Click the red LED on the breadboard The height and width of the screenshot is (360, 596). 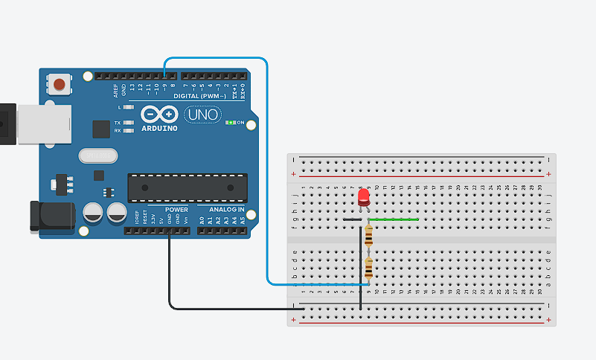pos(364,197)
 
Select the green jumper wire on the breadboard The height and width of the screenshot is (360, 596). pos(394,219)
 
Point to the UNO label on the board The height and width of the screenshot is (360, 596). pos(202,115)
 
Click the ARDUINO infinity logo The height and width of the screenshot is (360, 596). pos(158,115)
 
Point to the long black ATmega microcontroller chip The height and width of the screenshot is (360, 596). pos(187,188)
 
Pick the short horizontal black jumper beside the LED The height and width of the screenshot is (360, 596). pos(352,220)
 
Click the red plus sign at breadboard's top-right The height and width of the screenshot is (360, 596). pos(548,174)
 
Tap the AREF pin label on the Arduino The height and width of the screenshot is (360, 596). pos(115,90)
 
